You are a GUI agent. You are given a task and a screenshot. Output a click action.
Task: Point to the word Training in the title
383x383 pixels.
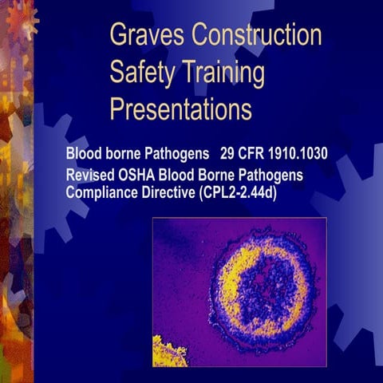pos(223,73)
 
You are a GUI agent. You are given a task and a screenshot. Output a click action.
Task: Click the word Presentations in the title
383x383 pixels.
pos(180,109)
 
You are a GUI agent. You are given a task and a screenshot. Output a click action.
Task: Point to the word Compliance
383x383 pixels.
pos(101,192)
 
